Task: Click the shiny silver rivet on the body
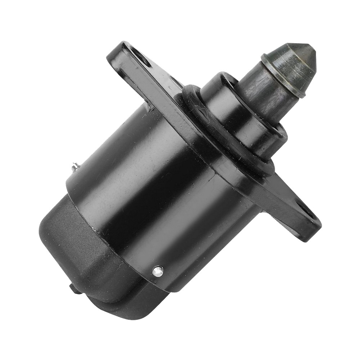coord(158,271)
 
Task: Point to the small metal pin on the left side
coord(75,166)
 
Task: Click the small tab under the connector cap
coord(73,288)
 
